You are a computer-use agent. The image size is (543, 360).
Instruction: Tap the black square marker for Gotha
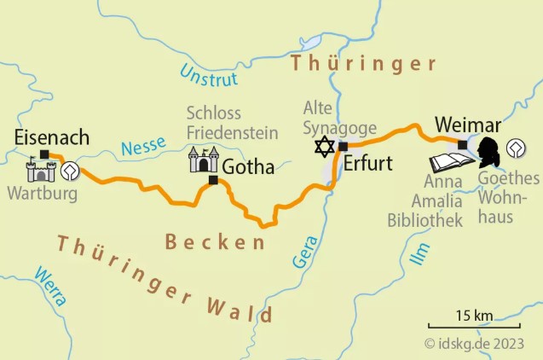tap(213, 180)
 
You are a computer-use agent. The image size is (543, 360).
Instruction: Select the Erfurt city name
tap(367, 164)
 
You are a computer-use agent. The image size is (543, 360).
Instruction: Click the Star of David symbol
tap(324, 147)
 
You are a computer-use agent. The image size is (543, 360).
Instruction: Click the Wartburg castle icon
tap(40, 170)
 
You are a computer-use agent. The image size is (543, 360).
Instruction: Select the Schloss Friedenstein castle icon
tap(203, 159)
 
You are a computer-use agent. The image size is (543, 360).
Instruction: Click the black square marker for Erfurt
tap(343, 147)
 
